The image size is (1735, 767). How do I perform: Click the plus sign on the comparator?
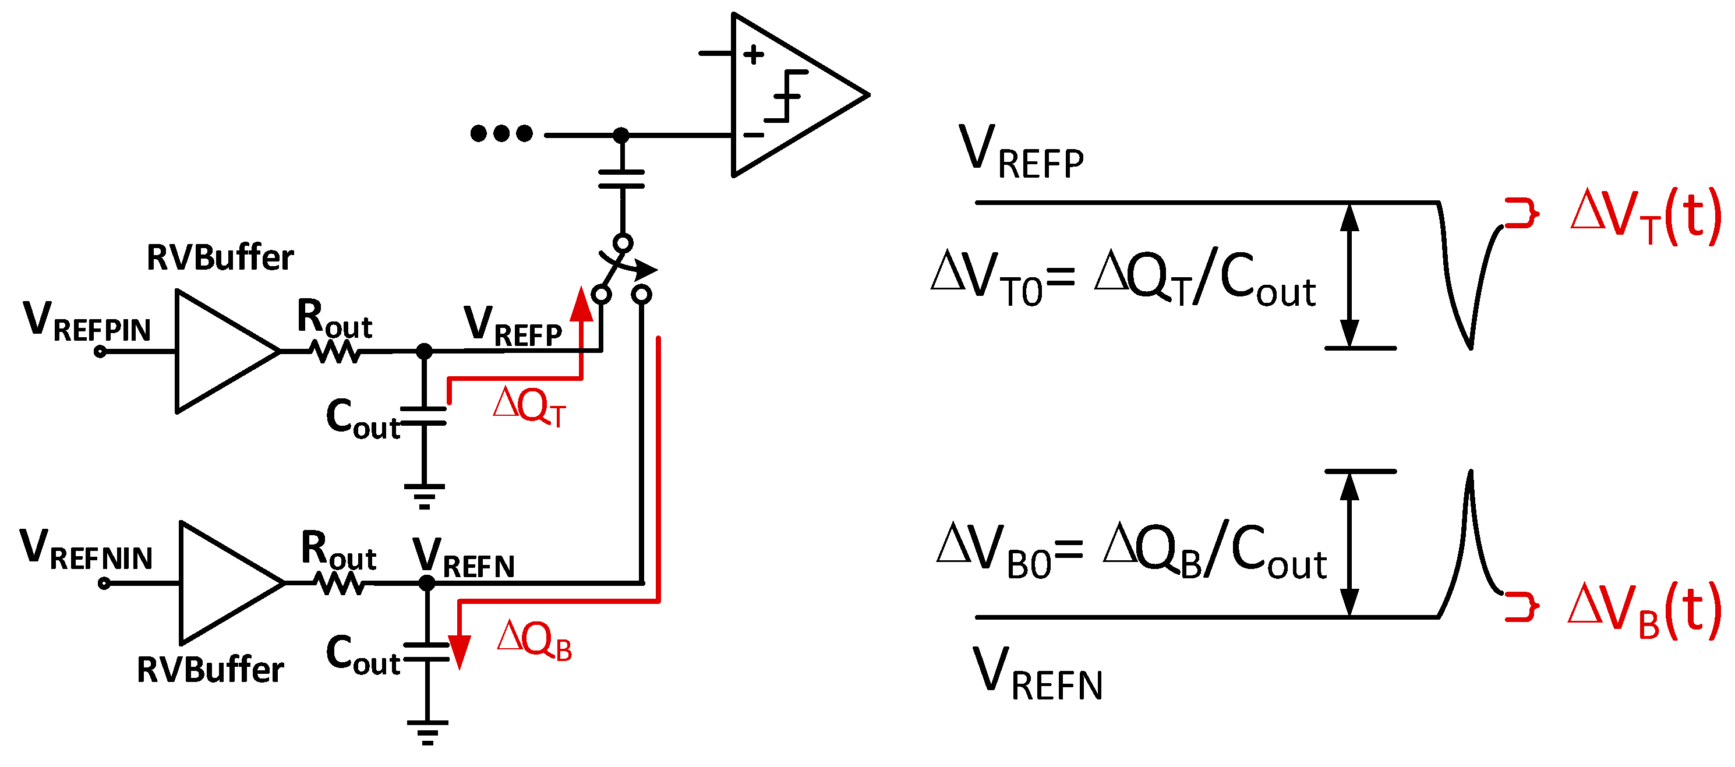754,55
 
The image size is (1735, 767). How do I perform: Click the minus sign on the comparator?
754,135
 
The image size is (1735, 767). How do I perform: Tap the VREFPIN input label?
86,322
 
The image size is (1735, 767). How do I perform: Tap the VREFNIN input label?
86,550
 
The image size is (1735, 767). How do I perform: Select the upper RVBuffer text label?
220,257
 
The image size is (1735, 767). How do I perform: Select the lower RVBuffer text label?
210,670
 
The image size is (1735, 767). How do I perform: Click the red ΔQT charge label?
529,406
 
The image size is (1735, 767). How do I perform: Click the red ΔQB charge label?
534,639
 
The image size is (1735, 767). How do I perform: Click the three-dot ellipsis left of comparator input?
501,133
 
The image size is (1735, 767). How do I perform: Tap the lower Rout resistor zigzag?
340,583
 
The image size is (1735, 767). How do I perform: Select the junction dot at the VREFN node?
427,583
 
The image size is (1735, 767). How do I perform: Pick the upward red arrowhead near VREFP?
581,305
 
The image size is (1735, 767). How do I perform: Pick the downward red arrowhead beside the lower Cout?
460,651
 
